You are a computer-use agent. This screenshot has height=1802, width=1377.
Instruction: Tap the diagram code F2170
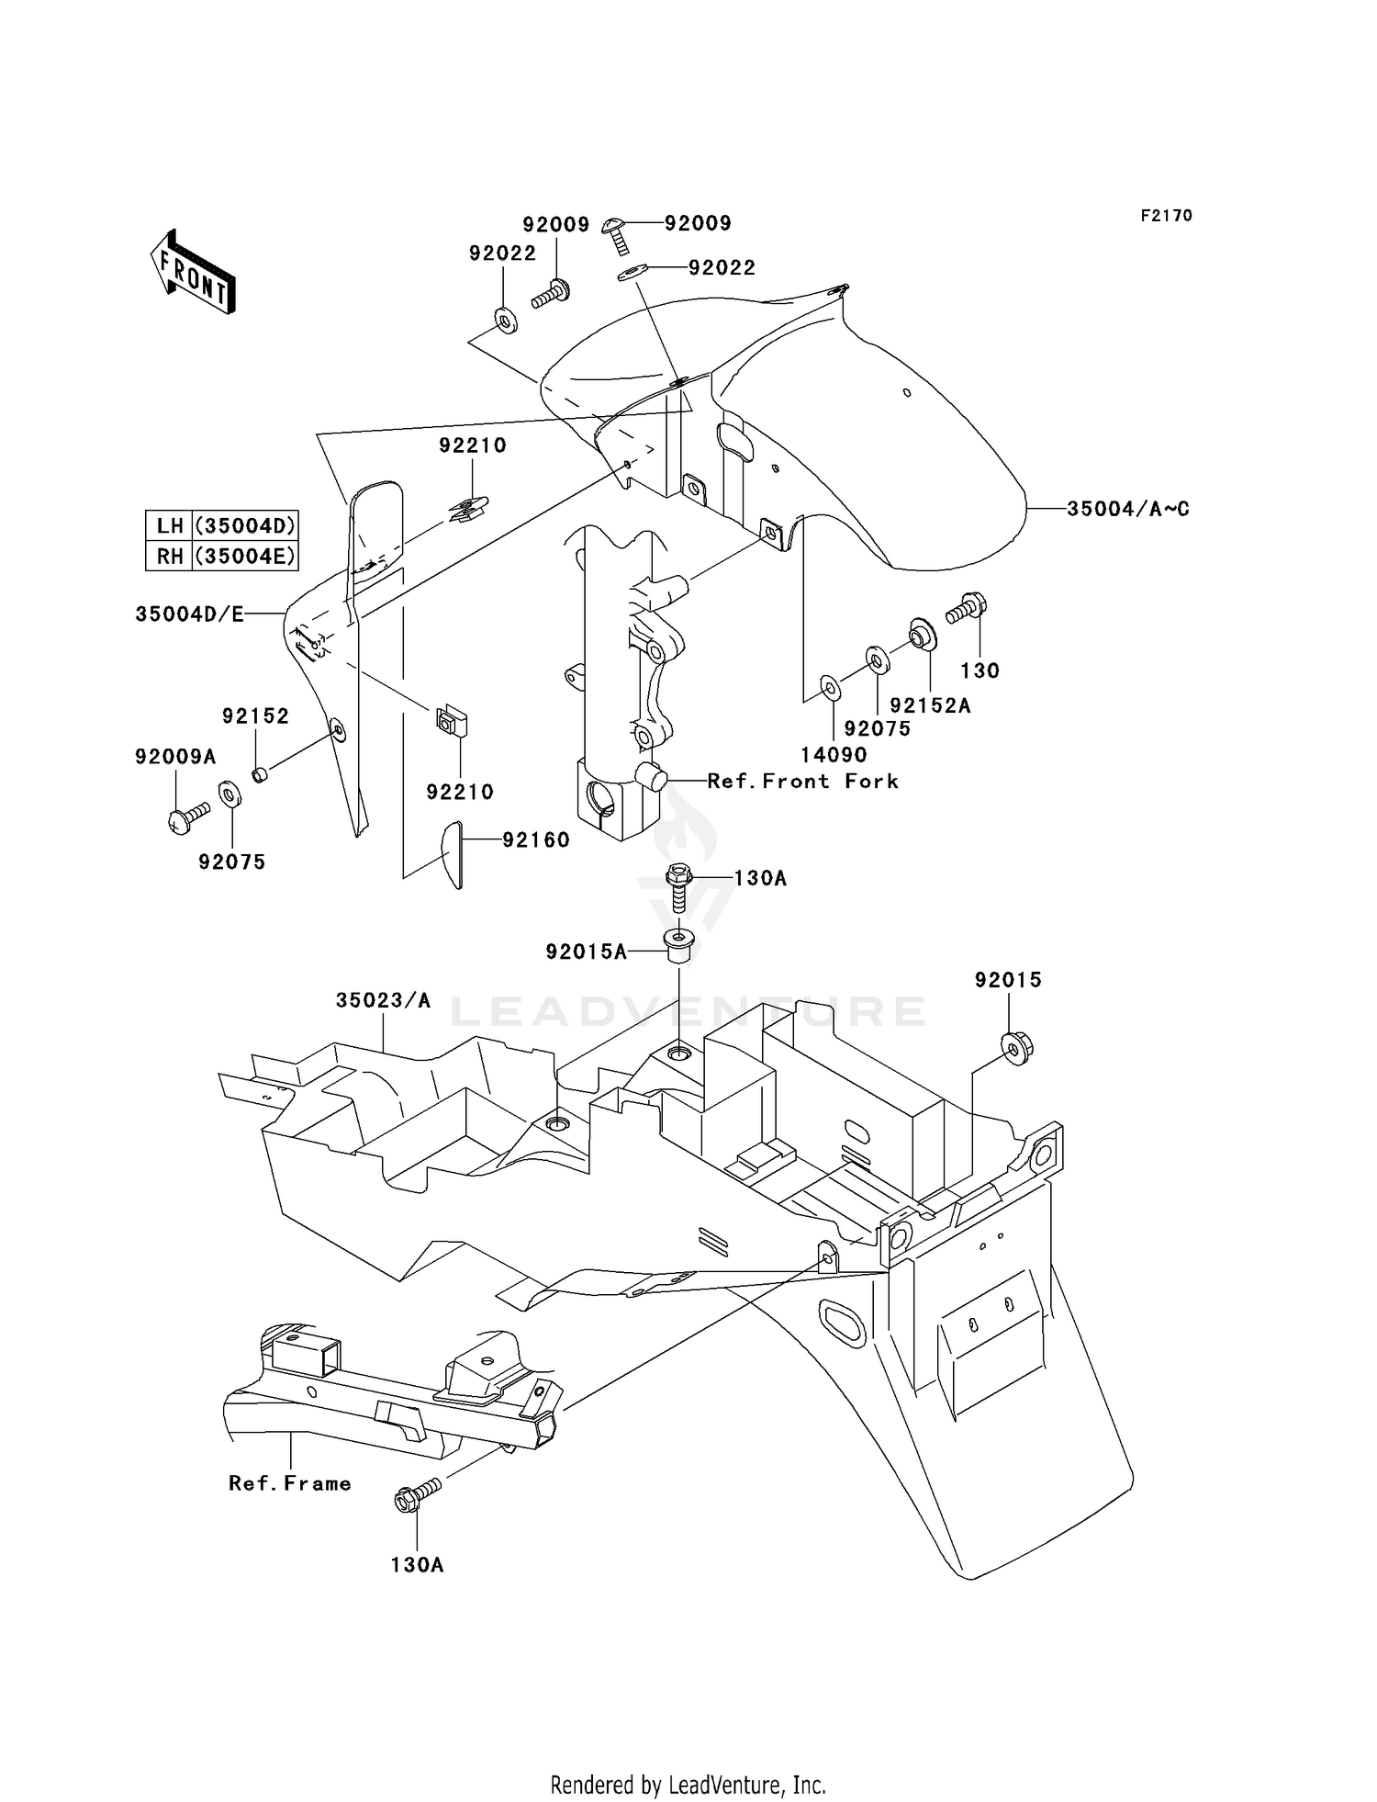click(x=1166, y=216)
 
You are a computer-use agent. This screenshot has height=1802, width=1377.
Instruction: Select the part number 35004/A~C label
click(x=1127, y=509)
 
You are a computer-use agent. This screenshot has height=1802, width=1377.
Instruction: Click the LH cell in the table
click(x=170, y=526)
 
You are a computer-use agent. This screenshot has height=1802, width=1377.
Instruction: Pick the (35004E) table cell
click(x=245, y=557)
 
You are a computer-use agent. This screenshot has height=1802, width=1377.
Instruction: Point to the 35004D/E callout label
click(x=190, y=614)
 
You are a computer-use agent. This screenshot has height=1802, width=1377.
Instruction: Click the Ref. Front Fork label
click(x=802, y=782)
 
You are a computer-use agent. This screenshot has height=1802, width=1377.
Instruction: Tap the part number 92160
click(x=535, y=839)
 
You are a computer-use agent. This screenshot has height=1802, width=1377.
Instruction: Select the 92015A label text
click(x=586, y=952)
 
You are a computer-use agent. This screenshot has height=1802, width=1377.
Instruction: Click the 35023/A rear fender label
click(x=383, y=1000)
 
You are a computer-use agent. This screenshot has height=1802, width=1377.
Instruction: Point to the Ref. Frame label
click(x=290, y=1483)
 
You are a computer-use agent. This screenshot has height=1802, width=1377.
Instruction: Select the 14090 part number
click(x=834, y=755)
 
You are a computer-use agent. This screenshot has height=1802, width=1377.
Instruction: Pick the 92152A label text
click(x=930, y=705)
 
